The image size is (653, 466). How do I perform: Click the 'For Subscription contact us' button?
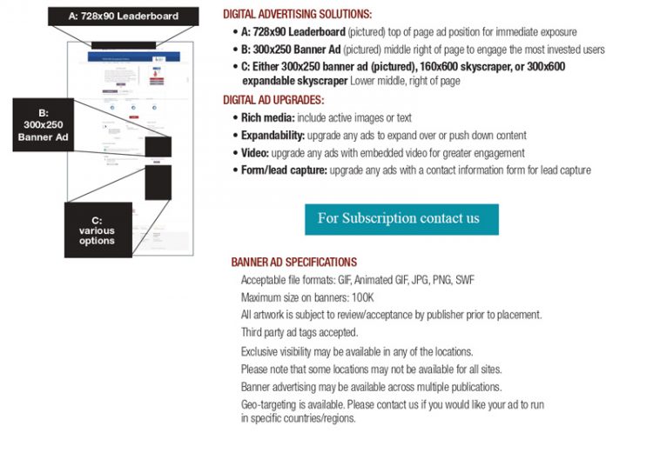tap(401, 219)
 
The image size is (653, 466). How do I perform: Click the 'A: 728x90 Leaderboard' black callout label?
tap(124, 16)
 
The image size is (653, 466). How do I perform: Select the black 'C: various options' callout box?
tap(97, 230)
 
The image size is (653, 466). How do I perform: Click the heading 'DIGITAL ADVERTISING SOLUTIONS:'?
tap(298, 15)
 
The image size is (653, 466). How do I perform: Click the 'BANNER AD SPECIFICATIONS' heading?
tap(293, 262)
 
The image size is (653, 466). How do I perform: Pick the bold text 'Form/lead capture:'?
tap(284, 170)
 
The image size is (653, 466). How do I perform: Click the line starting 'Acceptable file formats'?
tap(357, 280)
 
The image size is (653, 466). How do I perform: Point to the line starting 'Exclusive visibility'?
tap(357, 352)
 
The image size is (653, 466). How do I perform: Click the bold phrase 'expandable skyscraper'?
tap(295, 80)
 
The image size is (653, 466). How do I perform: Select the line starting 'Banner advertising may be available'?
tap(371, 387)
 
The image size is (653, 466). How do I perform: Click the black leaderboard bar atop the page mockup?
tap(124, 44)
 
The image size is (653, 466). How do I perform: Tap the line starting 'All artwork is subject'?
tap(391, 315)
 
